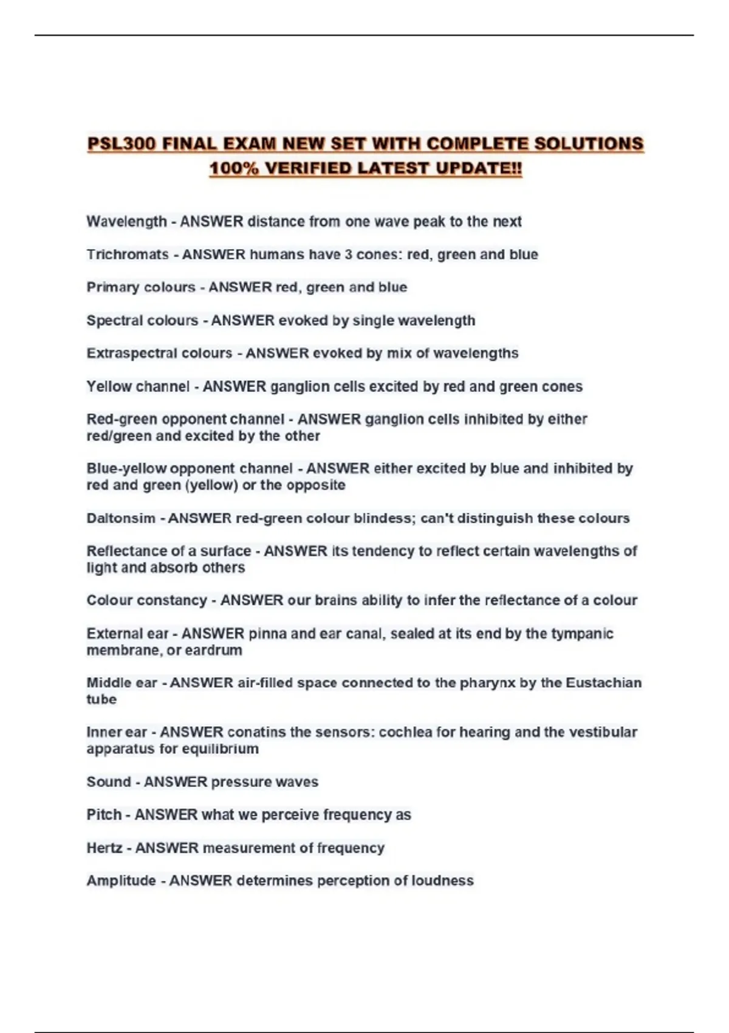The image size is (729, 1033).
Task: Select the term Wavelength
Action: point(126,222)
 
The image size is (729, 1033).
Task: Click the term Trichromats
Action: point(128,255)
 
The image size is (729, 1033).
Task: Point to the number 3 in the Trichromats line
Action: point(349,255)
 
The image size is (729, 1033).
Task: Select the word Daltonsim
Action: point(121,518)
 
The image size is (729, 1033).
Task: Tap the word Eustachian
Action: point(603,683)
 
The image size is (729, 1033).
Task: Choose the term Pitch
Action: point(104,815)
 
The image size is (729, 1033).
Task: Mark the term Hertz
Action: point(104,848)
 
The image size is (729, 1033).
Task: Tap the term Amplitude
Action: point(121,880)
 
